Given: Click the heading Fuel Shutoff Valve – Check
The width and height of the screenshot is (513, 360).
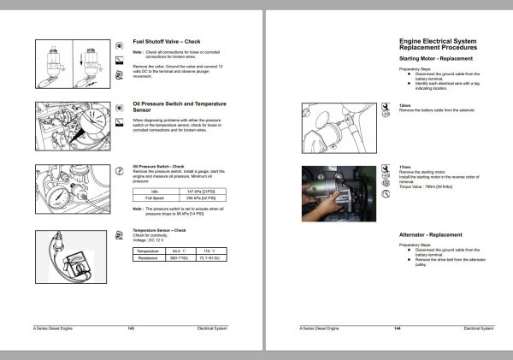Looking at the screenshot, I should (168, 42).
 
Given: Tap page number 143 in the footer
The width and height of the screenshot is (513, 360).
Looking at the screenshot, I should (131, 328).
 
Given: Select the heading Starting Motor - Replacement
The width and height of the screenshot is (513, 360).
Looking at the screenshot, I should (439, 58).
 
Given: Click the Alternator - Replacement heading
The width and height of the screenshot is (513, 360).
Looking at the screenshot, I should (431, 234).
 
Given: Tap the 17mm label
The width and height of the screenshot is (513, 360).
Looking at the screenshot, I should (404, 167).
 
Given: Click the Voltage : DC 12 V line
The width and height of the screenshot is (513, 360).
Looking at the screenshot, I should (152, 239).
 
